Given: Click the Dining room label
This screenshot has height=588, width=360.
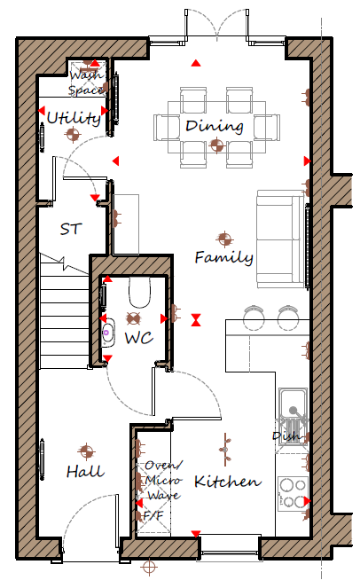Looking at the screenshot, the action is point(214,126).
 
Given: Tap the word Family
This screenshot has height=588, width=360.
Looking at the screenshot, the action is point(223,257).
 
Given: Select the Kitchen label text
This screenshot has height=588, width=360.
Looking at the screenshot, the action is point(227,482).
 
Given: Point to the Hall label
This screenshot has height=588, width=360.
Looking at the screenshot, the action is point(85,471).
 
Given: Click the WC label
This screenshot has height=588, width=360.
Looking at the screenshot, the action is point(138,338).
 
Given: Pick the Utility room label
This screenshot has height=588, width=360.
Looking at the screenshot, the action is point(74,119).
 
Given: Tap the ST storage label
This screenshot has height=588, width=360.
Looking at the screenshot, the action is point(71,229).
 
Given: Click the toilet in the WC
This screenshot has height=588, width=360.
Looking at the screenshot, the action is point(139,292).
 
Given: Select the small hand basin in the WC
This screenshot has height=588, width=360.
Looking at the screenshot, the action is point(107,333).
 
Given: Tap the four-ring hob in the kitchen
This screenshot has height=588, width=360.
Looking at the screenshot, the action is point(293,494).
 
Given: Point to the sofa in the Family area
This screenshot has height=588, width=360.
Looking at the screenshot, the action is point(280,239).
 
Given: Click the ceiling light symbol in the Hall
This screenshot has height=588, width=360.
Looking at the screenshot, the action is point(86,451).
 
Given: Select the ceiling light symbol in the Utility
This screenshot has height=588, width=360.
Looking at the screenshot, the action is point(73,134).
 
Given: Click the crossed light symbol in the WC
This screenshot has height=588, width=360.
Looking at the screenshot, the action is point(133,318).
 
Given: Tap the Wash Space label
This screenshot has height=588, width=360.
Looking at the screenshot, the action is point(86,82).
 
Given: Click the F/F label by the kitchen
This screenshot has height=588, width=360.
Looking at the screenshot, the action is point(153,516).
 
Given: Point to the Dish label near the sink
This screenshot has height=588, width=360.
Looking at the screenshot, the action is point(286,435).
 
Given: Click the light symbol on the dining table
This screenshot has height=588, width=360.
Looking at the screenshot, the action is point(216,145).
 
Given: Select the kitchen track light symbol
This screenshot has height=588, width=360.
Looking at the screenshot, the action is point(225,450).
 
